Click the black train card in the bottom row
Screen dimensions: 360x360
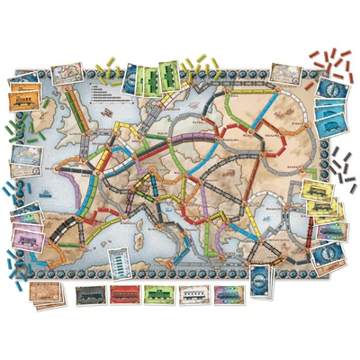[x=90, y=294]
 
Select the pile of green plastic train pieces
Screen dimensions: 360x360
[x=13, y=135]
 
